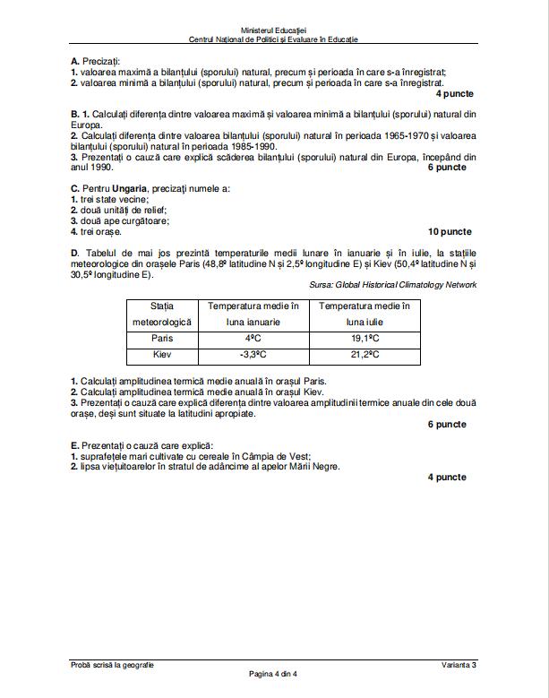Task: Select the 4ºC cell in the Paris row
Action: [x=253, y=339]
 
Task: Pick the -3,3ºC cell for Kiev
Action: [x=253, y=355]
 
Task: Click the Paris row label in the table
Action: [x=162, y=339]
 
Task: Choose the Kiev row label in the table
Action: [x=162, y=355]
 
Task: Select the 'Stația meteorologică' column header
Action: [x=162, y=314]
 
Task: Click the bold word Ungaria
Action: [x=124, y=188]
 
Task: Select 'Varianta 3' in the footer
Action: [x=459, y=664]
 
